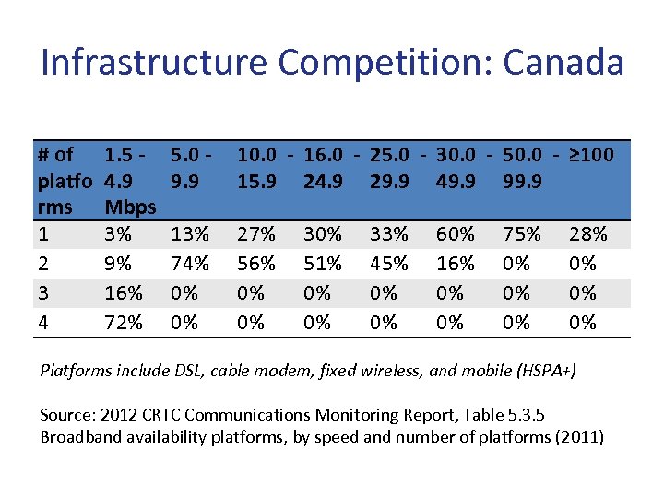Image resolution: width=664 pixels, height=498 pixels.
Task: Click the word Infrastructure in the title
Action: tap(156, 63)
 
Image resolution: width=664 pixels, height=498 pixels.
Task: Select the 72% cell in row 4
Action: tap(124, 323)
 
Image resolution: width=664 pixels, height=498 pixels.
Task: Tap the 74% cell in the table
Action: tap(190, 264)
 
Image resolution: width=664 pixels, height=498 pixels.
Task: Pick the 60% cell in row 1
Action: tap(456, 234)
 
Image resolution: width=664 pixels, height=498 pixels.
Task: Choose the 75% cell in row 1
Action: tap(522, 234)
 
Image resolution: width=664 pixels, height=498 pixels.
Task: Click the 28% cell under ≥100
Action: tap(588, 234)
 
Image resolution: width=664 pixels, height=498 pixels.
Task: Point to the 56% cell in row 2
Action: tap(256, 264)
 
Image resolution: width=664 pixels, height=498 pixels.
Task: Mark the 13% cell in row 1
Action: tap(190, 234)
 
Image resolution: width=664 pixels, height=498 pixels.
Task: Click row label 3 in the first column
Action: tap(44, 293)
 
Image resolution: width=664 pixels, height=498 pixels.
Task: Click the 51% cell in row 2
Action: tap(323, 264)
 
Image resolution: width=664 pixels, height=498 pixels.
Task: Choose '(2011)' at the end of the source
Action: tap(579, 436)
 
